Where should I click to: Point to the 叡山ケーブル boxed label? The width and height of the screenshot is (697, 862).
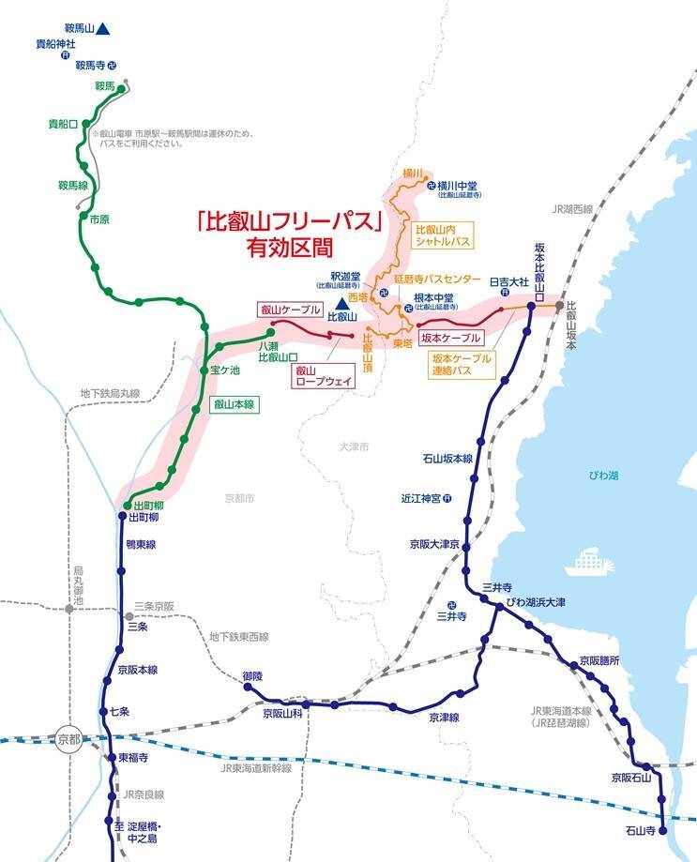290,310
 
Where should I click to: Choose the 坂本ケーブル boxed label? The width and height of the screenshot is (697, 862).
450,338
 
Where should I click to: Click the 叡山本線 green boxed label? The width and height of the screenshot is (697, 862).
234,404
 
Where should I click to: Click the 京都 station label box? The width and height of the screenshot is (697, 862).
68,737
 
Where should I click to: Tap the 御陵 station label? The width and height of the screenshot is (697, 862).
252,675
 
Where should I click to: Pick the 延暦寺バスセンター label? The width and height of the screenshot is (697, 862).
432,280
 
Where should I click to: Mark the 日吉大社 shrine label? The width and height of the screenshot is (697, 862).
504,280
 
